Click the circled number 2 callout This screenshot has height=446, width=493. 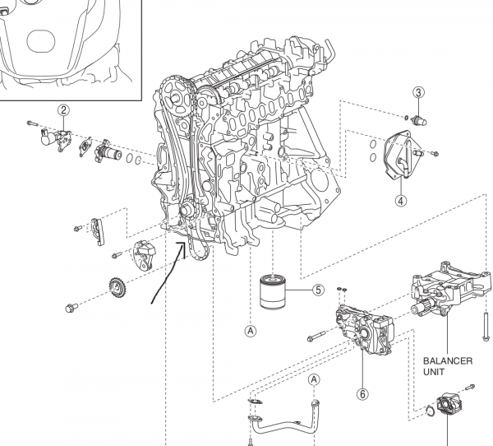[62, 109]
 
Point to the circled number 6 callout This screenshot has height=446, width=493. [362, 393]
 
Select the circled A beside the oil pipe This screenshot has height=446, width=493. [314, 379]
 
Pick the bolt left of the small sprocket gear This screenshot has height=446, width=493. [72, 308]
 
